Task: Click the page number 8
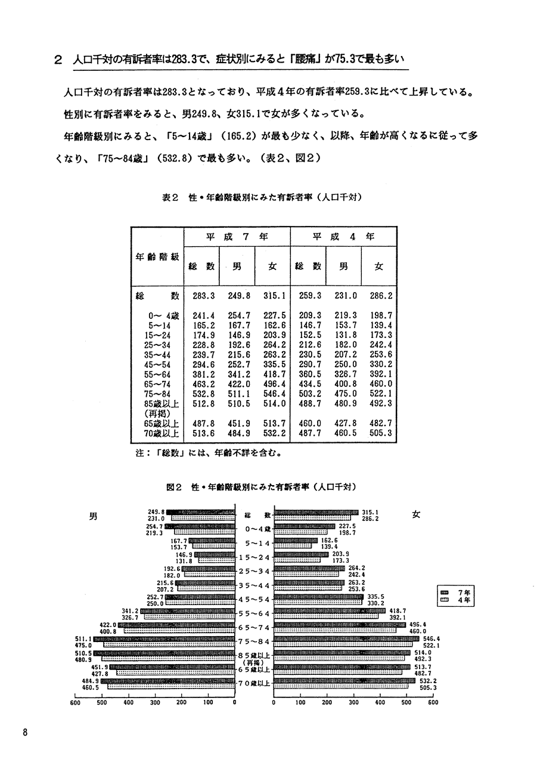point(26,733)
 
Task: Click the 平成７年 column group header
point(237,236)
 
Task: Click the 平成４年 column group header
point(344,236)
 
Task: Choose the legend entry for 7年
point(456,592)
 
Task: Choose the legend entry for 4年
point(456,600)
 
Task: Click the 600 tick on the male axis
point(75,702)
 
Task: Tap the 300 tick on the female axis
point(353,702)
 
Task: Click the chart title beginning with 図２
point(265,486)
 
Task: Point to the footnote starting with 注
point(209,452)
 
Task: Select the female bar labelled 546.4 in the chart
point(346,638)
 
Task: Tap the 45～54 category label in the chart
point(255,599)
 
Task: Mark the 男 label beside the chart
point(92,517)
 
